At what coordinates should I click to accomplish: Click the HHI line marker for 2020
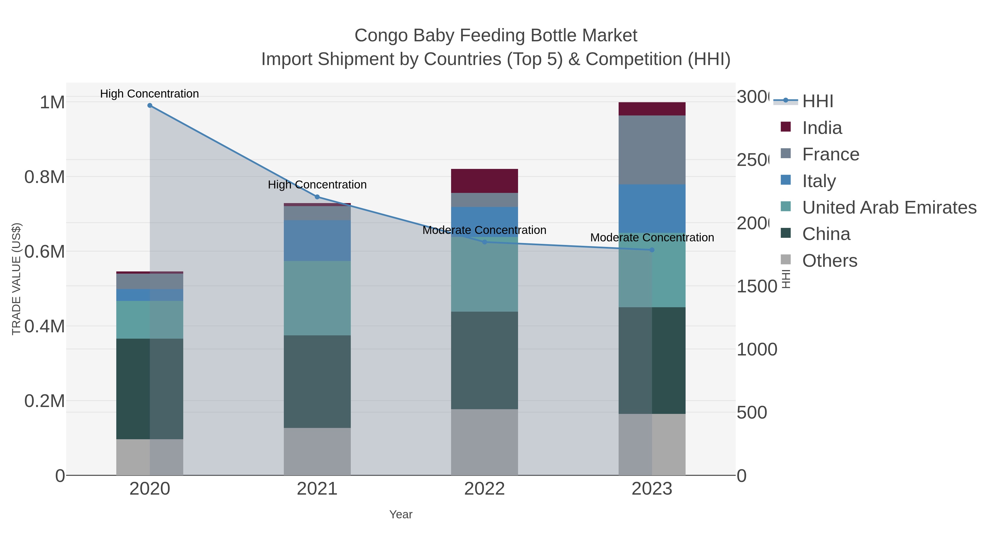pos(150,106)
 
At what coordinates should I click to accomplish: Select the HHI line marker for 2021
pos(317,197)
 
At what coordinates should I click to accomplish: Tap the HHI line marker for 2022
pos(484,242)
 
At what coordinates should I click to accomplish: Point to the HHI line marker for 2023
pos(652,250)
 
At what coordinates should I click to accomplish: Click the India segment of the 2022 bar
pos(484,181)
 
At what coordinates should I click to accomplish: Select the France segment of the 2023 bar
pos(652,150)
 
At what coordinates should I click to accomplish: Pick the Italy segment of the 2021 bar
pos(317,241)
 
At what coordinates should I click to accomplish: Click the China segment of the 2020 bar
pos(150,389)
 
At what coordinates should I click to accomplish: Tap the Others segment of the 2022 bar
pos(484,442)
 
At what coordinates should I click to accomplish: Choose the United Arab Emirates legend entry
pos(889,207)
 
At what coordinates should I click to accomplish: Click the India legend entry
pos(822,128)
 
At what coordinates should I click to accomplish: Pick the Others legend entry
pos(829,261)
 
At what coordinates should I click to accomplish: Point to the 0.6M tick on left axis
pos(44,252)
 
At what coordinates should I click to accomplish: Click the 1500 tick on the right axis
pos(757,287)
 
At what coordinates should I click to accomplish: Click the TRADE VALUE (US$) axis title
pos(16,279)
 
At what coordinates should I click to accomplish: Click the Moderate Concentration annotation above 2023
pos(652,238)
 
